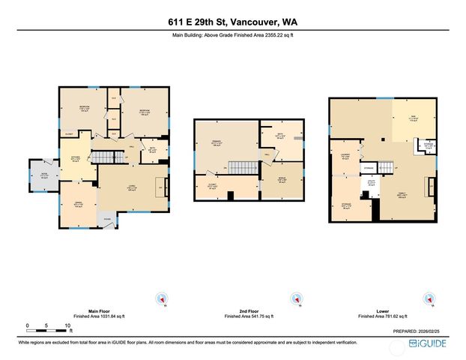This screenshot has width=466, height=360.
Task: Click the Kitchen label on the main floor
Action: (75, 159)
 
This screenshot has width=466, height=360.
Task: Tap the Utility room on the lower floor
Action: (369, 182)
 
